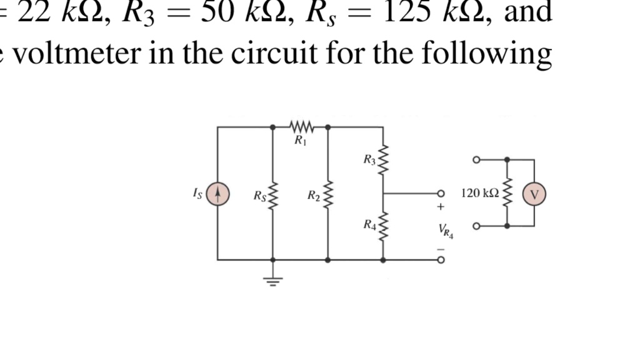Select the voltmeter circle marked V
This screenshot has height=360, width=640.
coord(534,194)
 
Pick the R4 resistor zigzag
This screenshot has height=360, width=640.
coord(382,226)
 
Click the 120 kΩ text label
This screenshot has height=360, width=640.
coord(479,193)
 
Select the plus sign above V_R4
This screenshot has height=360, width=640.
coord(441,207)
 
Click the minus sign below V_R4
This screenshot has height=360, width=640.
coord(441,249)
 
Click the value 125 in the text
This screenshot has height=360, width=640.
coord(407,12)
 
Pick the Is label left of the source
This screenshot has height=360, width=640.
coord(197,194)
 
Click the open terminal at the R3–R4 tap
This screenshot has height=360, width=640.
coord(441,194)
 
